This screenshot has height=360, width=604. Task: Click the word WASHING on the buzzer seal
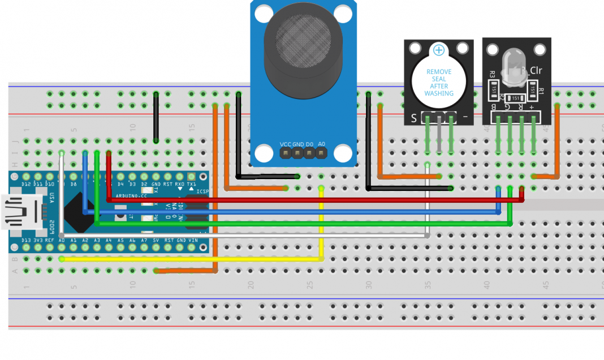(439, 93)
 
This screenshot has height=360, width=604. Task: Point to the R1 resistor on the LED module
(533, 88)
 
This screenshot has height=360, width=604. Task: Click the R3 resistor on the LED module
(492, 88)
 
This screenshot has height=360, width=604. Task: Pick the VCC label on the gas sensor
(286, 144)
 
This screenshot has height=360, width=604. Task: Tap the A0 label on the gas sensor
(321, 144)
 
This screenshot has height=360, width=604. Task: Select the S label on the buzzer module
(414, 118)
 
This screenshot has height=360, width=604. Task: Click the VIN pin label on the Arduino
(192, 241)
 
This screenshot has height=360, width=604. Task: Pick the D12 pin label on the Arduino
(26, 184)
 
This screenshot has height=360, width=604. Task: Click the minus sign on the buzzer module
(465, 117)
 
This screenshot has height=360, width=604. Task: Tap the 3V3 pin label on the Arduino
(38, 241)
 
